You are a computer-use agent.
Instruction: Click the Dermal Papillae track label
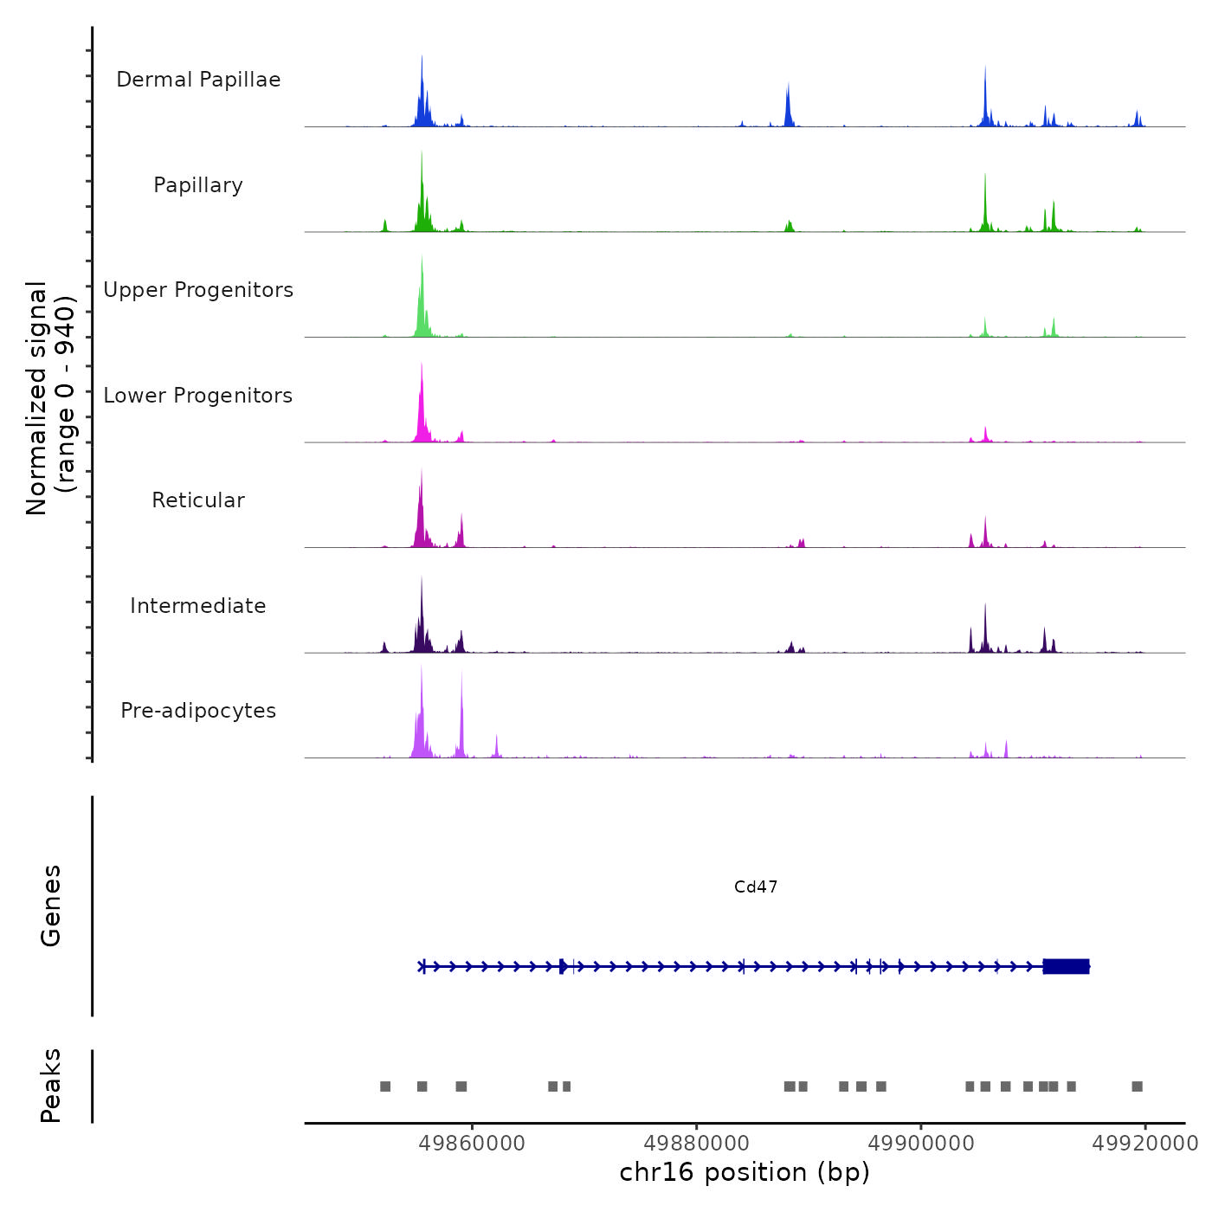tap(198, 80)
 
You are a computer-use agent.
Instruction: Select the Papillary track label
tap(198, 185)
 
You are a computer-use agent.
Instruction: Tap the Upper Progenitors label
tap(198, 290)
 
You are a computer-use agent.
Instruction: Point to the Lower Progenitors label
tap(198, 396)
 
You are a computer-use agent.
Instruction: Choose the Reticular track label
tap(198, 500)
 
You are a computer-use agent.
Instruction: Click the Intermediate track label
tap(198, 606)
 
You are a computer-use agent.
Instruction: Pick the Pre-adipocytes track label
tap(198, 711)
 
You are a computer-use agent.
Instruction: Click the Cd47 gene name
tap(756, 886)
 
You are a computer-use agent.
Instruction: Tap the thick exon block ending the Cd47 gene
tap(1066, 966)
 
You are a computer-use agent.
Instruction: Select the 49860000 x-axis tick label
tap(472, 1144)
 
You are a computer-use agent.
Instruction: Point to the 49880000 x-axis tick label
tap(696, 1144)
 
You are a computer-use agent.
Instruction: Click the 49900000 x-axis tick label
tap(921, 1144)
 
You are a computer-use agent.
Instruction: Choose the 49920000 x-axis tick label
tap(1144, 1144)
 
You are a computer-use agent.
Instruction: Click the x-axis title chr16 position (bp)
tap(745, 1172)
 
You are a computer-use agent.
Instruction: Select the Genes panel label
tap(51, 906)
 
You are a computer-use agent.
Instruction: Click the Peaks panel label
tap(51, 1086)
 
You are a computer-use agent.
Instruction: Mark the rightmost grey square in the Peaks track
tap(1138, 1086)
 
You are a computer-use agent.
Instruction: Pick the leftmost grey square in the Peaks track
tap(385, 1086)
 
